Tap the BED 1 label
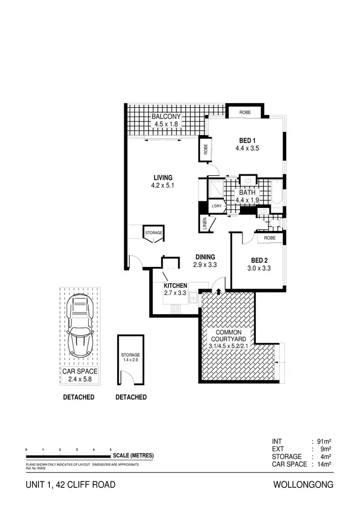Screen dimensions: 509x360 tap(247, 140)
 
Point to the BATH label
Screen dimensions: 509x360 tap(247, 193)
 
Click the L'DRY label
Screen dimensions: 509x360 tap(217, 206)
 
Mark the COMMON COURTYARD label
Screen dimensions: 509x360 tap(228, 336)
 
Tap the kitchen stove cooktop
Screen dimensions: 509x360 tap(175, 309)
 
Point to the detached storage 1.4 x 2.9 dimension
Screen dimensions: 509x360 tap(131, 360)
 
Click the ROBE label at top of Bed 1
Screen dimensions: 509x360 tap(245, 112)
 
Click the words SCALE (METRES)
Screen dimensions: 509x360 tap(133, 456)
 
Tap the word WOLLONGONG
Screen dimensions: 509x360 tap(303, 485)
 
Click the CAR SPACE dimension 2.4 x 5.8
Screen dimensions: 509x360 tap(80, 379)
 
